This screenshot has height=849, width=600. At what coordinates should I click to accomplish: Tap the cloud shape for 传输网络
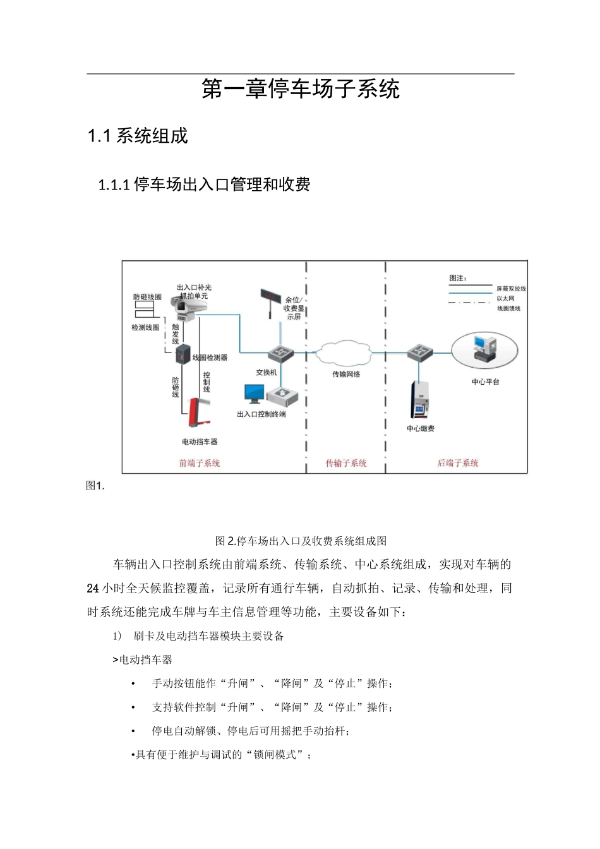[345, 353]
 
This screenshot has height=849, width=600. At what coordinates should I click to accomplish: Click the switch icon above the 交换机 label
[279, 352]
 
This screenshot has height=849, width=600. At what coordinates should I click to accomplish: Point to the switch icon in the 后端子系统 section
[419, 352]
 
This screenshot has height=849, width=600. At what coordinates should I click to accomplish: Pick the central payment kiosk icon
[420, 400]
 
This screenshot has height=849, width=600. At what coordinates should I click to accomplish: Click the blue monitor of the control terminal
[254, 394]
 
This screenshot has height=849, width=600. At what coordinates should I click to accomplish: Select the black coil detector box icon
[183, 354]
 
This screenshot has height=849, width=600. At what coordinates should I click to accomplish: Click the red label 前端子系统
[200, 463]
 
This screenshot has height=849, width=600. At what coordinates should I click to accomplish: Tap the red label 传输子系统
[346, 463]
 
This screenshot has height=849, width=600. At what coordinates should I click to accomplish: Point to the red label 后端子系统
[458, 463]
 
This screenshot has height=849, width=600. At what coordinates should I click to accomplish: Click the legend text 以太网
[505, 298]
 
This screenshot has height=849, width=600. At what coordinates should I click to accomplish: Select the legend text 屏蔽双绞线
[510, 289]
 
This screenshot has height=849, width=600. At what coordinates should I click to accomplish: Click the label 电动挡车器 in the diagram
[200, 442]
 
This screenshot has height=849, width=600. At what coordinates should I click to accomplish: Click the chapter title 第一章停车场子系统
[301, 90]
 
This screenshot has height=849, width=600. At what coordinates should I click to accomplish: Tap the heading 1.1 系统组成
[138, 136]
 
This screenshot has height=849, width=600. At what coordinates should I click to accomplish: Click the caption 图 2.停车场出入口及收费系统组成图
[301, 541]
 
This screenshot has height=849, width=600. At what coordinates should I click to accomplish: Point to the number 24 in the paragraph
[93, 588]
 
